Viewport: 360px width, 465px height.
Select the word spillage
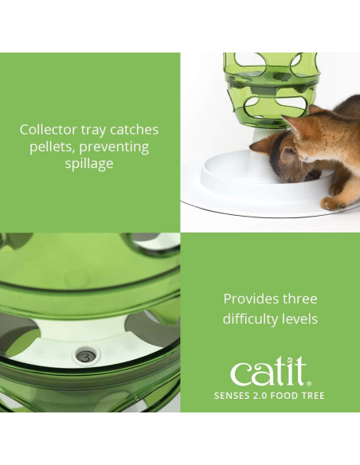point(90,164)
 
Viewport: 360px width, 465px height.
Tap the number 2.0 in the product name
point(268,396)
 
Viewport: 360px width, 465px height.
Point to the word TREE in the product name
point(312,396)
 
